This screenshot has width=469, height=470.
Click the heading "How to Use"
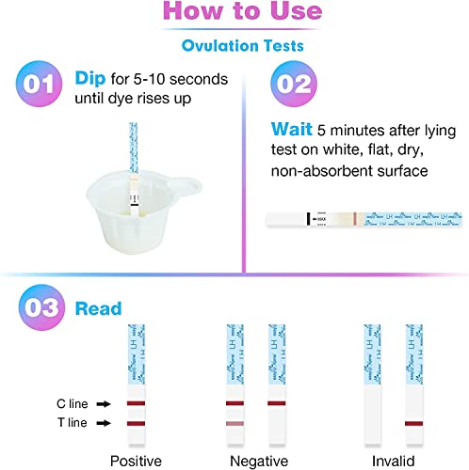click(x=234, y=13)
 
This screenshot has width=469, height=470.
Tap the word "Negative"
click(x=255, y=460)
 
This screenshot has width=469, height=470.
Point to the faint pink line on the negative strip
click(x=234, y=425)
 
